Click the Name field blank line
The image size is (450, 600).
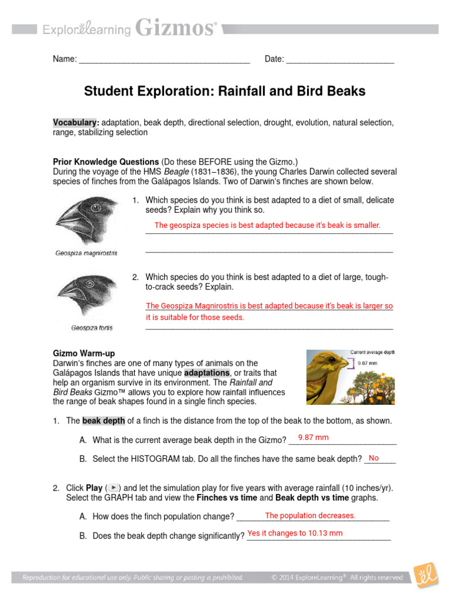164,60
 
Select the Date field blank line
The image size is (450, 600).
340,60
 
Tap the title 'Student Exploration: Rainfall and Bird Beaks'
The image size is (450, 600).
224,91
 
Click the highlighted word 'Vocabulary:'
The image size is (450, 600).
76,122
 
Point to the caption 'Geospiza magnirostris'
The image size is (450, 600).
86,253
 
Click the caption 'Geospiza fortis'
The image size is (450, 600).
92,328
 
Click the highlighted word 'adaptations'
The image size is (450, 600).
207,373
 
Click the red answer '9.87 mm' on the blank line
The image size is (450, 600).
313,438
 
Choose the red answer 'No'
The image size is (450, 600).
374,458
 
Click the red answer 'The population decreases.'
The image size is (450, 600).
310,516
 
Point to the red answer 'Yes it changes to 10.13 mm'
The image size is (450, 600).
295,533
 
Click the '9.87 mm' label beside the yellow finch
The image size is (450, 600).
368,363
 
